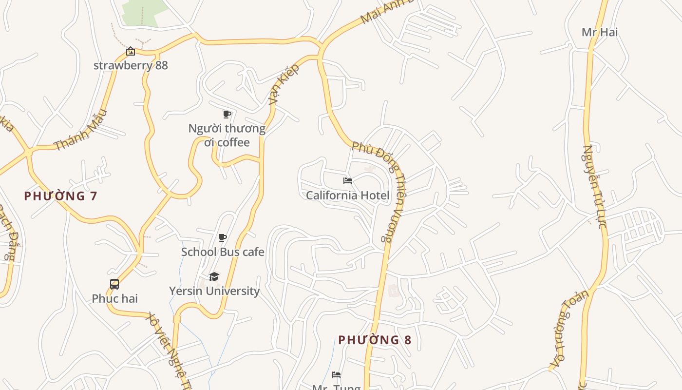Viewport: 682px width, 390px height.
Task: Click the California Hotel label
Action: (347, 195)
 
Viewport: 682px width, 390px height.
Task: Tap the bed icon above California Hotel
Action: (347, 181)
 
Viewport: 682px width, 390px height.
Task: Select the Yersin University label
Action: (214, 291)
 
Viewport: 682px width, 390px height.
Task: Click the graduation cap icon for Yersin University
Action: (214, 277)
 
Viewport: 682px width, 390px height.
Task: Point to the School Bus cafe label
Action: (223, 252)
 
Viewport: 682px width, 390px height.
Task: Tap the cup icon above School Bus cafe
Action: (223, 238)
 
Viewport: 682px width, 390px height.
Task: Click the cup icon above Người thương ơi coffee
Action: (227, 115)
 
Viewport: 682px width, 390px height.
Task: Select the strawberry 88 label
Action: (131, 65)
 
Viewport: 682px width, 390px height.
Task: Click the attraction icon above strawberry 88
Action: (131, 51)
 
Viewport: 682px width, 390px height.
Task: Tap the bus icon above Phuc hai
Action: (114, 284)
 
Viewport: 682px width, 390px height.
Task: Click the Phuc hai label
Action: (114, 298)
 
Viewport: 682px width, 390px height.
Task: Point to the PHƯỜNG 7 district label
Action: (60, 196)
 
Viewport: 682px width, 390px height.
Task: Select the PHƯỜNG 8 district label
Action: (375, 340)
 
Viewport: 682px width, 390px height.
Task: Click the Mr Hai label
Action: (600, 32)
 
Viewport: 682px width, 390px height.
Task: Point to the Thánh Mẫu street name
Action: (80, 130)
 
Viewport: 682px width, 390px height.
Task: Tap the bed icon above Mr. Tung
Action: (336, 375)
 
